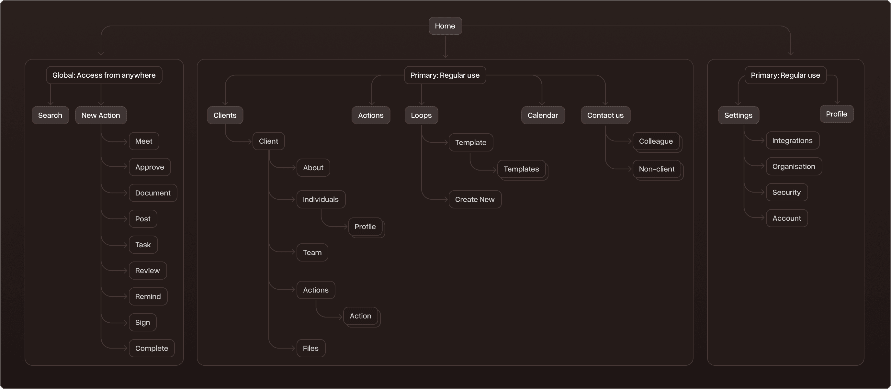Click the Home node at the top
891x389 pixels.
point(445,26)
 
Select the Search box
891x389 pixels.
point(50,115)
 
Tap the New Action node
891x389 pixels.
point(101,115)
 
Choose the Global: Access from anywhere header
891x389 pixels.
point(104,75)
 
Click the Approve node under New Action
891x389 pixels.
point(150,167)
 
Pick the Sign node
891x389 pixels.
point(142,322)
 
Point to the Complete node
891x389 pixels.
point(152,348)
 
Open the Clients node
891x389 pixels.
point(225,115)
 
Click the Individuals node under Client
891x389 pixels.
point(321,199)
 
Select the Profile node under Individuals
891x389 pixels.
point(365,227)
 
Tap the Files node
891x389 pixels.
point(310,348)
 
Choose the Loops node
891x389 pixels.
point(421,115)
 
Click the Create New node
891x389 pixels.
point(475,199)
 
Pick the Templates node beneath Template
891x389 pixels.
point(521,169)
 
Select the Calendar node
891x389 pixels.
point(543,115)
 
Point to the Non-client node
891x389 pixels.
point(657,169)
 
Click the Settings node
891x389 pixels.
point(738,115)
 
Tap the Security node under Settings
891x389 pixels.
point(786,192)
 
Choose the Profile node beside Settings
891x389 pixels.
point(836,114)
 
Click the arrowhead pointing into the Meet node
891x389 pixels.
point(126,141)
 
